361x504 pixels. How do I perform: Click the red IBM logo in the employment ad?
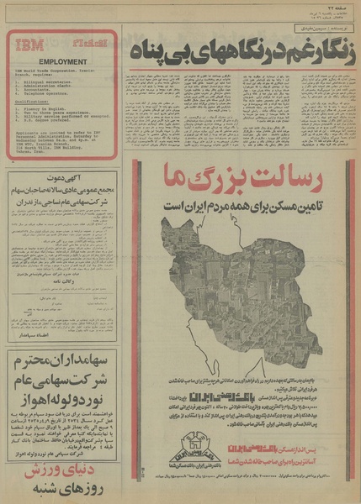pos(30,45)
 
